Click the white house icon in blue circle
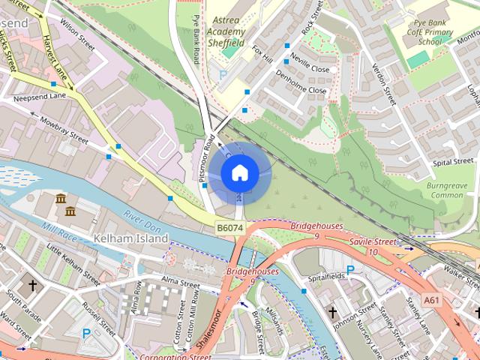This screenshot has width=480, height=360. point(239,172)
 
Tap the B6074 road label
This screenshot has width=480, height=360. point(230,227)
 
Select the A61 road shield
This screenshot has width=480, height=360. point(430,299)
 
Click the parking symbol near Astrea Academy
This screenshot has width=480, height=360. point(222,75)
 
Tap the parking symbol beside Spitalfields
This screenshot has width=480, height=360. point(350,270)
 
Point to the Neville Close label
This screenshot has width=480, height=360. point(309,68)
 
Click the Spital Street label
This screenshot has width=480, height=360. point(454,160)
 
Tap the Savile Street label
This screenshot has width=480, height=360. point(372,241)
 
